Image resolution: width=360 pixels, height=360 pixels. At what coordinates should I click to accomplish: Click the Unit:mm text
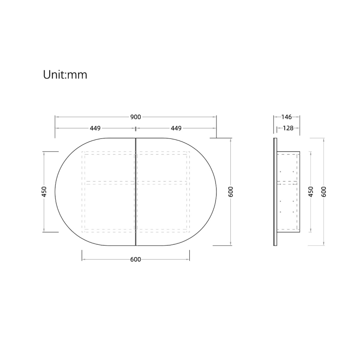(x=65, y=75)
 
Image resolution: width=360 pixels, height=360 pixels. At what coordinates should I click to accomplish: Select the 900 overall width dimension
(x=136, y=117)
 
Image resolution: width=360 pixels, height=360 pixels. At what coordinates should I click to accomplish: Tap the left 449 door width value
(x=95, y=128)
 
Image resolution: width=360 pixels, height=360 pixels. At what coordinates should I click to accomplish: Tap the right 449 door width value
(x=176, y=128)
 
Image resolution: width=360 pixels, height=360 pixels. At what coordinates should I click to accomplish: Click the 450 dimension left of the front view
(x=44, y=191)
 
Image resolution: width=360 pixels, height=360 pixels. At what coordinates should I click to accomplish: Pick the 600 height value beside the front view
(x=230, y=191)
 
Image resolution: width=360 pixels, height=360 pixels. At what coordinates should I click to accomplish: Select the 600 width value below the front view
(x=136, y=259)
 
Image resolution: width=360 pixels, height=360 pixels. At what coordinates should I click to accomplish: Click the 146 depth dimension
(x=287, y=117)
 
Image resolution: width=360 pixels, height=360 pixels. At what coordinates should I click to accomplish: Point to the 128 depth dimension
(x=288, y=128)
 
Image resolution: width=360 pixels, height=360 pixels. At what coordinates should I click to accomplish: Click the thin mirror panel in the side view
(x=275, y=191)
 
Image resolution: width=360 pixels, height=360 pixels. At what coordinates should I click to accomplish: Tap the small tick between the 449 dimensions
(x=136, y=128)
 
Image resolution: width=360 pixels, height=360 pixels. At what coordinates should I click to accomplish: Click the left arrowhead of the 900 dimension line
(x=56, y=117)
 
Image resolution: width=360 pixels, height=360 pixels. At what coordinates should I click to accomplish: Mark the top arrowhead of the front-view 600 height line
(x=230, y=139)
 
